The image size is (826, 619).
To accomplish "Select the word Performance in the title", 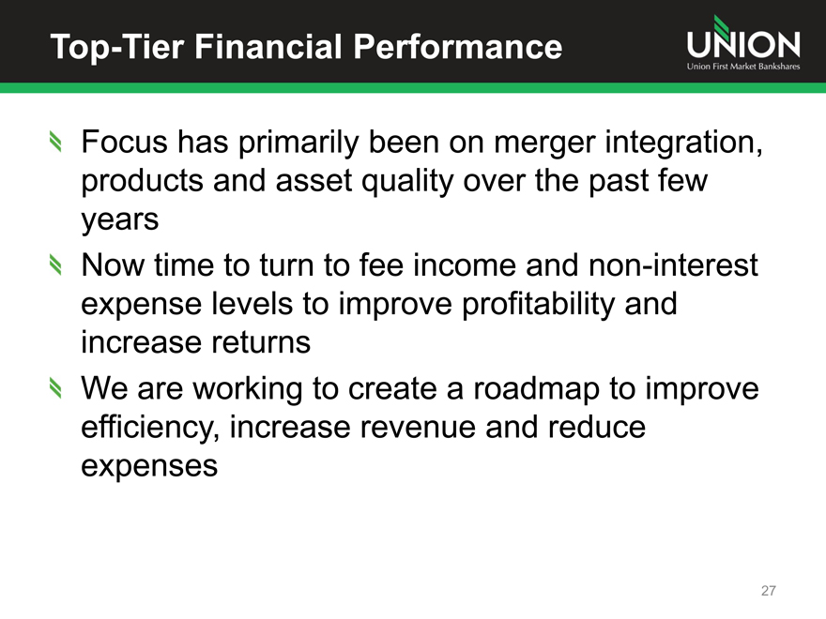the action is pyautogui.click(x=458, y=46).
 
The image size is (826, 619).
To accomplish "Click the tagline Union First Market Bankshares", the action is pyautogui.click(x=743, y=67).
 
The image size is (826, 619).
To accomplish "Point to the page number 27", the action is pyautogui.click(x=769, y=591).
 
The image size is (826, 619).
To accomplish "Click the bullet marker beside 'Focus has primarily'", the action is pyautogui.click(x=55, y=141).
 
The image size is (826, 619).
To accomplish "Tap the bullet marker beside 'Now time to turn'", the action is pyautogui.click(x=55, y=264).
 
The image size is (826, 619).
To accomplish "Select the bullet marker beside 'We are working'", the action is pyautogui.click(x=55, y=388).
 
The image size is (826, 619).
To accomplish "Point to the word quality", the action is pyautogui.click(x=406, y=182).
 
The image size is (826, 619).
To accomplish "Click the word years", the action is pyautogui.click(x=119, y=220).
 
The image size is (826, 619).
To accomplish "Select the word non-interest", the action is pyautogui.click(x=673, y=264).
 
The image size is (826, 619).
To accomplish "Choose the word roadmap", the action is pyautogui.click(x=536, y=390).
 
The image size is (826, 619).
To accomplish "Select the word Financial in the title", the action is pyautogui.click(x=268, y=46).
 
